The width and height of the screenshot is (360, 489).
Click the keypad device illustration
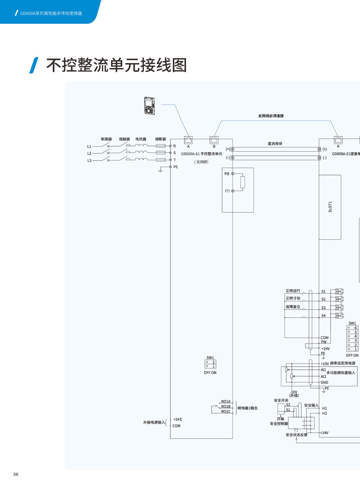tap(149, 106)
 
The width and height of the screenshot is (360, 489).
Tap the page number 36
tap(16, 474)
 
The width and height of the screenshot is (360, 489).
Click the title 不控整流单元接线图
tap(116, 65)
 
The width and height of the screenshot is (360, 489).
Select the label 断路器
tap(106, 139)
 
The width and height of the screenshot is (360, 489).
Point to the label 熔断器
tap(161, 139)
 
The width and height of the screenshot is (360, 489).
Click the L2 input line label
tap(89, 153)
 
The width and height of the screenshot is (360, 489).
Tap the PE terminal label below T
tap(176, 167)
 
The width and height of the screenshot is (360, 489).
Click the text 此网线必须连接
tap(271, 116)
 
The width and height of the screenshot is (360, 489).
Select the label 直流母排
tap(275, 144)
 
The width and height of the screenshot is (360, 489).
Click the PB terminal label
tap(227, 174)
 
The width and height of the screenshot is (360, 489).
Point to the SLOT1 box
tap(330, 207)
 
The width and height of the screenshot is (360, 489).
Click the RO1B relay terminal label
tap(226, 406)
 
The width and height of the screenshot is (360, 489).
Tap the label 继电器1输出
tap(248, 408)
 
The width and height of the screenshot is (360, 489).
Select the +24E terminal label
tap(177, 419)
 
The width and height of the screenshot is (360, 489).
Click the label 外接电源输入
tap(154, 422)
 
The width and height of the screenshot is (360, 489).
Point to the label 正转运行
tap(293, 291)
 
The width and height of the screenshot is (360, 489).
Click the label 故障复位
tap(293, 307)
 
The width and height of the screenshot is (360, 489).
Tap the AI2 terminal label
tap(323, 377)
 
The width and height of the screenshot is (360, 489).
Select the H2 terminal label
tap(325, 413)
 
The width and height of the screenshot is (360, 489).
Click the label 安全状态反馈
tap(296, 435)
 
